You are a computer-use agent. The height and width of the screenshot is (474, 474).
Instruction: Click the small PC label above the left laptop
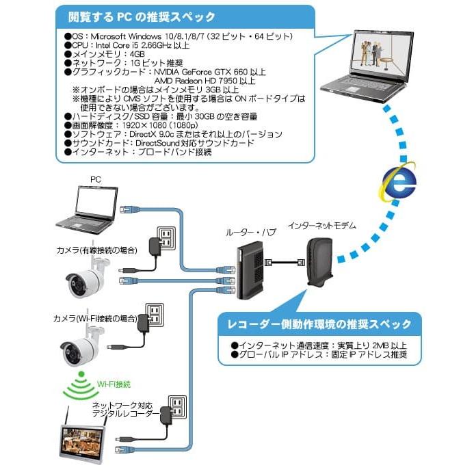tap(96, 179)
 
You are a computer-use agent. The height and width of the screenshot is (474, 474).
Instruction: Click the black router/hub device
tap(247, 269)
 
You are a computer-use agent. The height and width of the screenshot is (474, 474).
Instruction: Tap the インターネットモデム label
tap(321, 225)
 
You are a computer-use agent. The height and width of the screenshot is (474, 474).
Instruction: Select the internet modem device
tap(318, 263)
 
